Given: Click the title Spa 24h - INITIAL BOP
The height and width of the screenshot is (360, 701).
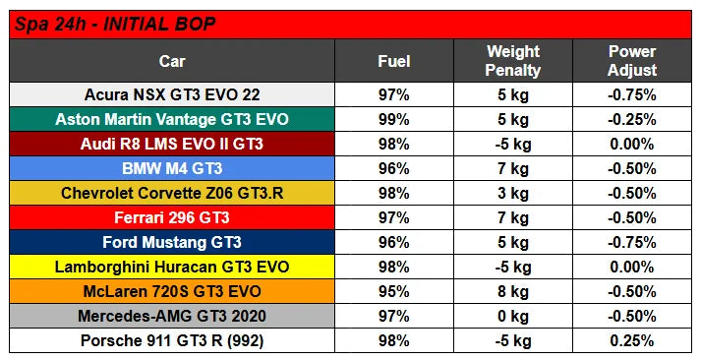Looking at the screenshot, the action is coord(115,25).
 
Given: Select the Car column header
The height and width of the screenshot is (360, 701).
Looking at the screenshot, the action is coord(172,61).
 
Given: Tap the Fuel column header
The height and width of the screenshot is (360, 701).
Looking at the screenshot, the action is coord(394,61).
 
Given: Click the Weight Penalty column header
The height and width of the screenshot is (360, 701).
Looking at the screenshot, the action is coord(513,61).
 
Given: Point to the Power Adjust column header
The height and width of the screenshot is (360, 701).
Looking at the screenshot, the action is coord(632,61).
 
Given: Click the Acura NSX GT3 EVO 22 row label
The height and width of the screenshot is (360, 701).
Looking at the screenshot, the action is coord(172,94).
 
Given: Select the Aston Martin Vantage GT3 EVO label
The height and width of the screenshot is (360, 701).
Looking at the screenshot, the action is coord(172,119).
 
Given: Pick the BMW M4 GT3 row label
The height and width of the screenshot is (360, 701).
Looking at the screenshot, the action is coord(172,168).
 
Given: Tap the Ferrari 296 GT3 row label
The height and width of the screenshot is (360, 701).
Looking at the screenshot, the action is coord(172,217).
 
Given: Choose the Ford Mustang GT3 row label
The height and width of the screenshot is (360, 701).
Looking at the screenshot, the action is coord(172,242).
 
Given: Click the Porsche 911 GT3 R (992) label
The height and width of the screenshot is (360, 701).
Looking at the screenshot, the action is coord(172,340).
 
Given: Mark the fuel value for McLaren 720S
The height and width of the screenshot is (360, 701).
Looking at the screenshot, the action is coord(394,291).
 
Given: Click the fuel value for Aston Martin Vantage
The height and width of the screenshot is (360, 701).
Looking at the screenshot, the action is coord(394,119).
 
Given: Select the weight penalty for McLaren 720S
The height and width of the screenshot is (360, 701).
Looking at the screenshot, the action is coord(513,291).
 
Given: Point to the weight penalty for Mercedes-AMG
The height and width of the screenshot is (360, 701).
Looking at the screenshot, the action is coord(513,316).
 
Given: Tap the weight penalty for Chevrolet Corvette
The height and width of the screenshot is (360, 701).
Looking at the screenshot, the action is coord(513,193).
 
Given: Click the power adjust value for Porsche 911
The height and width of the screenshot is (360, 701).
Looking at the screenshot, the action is coord(632,340).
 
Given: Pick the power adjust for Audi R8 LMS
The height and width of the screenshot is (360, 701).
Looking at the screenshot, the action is coord(632,144).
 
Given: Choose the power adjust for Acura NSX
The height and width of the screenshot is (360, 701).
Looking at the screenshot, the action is coord(632,94).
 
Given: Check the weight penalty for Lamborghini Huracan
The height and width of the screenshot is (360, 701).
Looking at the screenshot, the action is coord(513,267).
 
